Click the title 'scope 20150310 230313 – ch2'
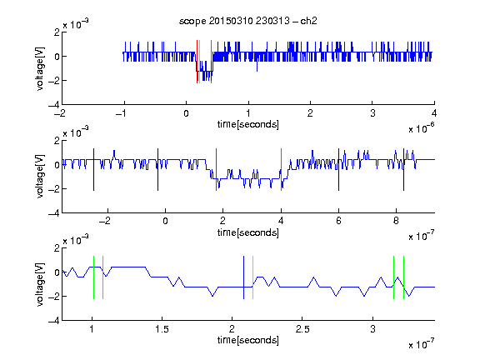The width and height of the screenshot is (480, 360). tap(248, 21)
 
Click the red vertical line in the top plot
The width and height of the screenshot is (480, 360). tap(197, 62)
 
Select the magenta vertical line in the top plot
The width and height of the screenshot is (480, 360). tap(211, 62)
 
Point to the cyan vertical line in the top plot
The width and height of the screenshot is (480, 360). tap(200, 62)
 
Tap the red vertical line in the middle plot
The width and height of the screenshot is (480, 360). tap(216, 170)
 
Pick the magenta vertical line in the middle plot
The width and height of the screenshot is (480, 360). tap(281, 170)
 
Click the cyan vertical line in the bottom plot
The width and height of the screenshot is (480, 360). tap(252, 277)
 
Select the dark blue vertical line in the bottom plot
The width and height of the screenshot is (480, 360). tap(243, 277)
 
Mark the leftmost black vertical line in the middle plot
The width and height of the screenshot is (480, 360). tap(93, 170)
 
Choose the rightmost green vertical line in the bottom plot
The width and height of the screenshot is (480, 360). tap(404, 277)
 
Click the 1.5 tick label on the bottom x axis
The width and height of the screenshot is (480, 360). tap(162, 329)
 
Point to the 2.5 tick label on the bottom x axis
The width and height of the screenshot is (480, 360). tap(302, 329)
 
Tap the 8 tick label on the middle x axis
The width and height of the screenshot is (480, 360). tap(396, 221)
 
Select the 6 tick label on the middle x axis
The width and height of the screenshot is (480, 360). tap(338, 221)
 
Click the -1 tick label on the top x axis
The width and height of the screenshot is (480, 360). tap(122, 113)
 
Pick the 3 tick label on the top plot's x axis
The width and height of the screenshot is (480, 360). tap(372, 113)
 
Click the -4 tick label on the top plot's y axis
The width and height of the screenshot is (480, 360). tap(54, 105)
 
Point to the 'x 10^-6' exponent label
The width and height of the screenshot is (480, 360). tap(422, 127)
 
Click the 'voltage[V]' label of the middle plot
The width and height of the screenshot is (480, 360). tap(40, 177)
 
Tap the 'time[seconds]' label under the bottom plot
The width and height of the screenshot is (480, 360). tap(248, 340)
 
